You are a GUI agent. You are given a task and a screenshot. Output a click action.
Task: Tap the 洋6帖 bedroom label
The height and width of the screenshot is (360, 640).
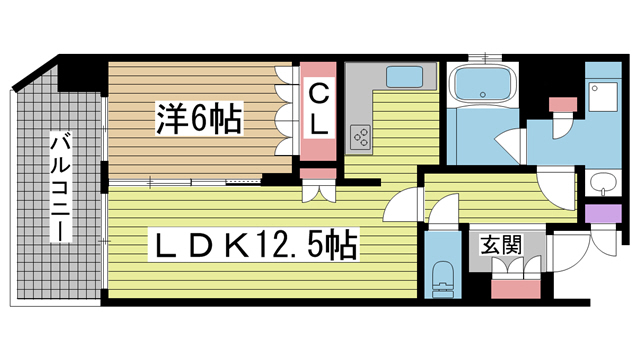point(196,120)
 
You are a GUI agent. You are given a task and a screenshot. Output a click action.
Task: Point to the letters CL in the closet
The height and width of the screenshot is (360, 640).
point(318,111)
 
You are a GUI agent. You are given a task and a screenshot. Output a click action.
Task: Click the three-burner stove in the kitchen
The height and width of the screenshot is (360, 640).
point(360,138)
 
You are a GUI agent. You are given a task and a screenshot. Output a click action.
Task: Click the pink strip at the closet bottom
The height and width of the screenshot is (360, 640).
point(318,150)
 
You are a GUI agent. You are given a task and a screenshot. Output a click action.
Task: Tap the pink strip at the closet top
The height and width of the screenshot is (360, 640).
point(318,72)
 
